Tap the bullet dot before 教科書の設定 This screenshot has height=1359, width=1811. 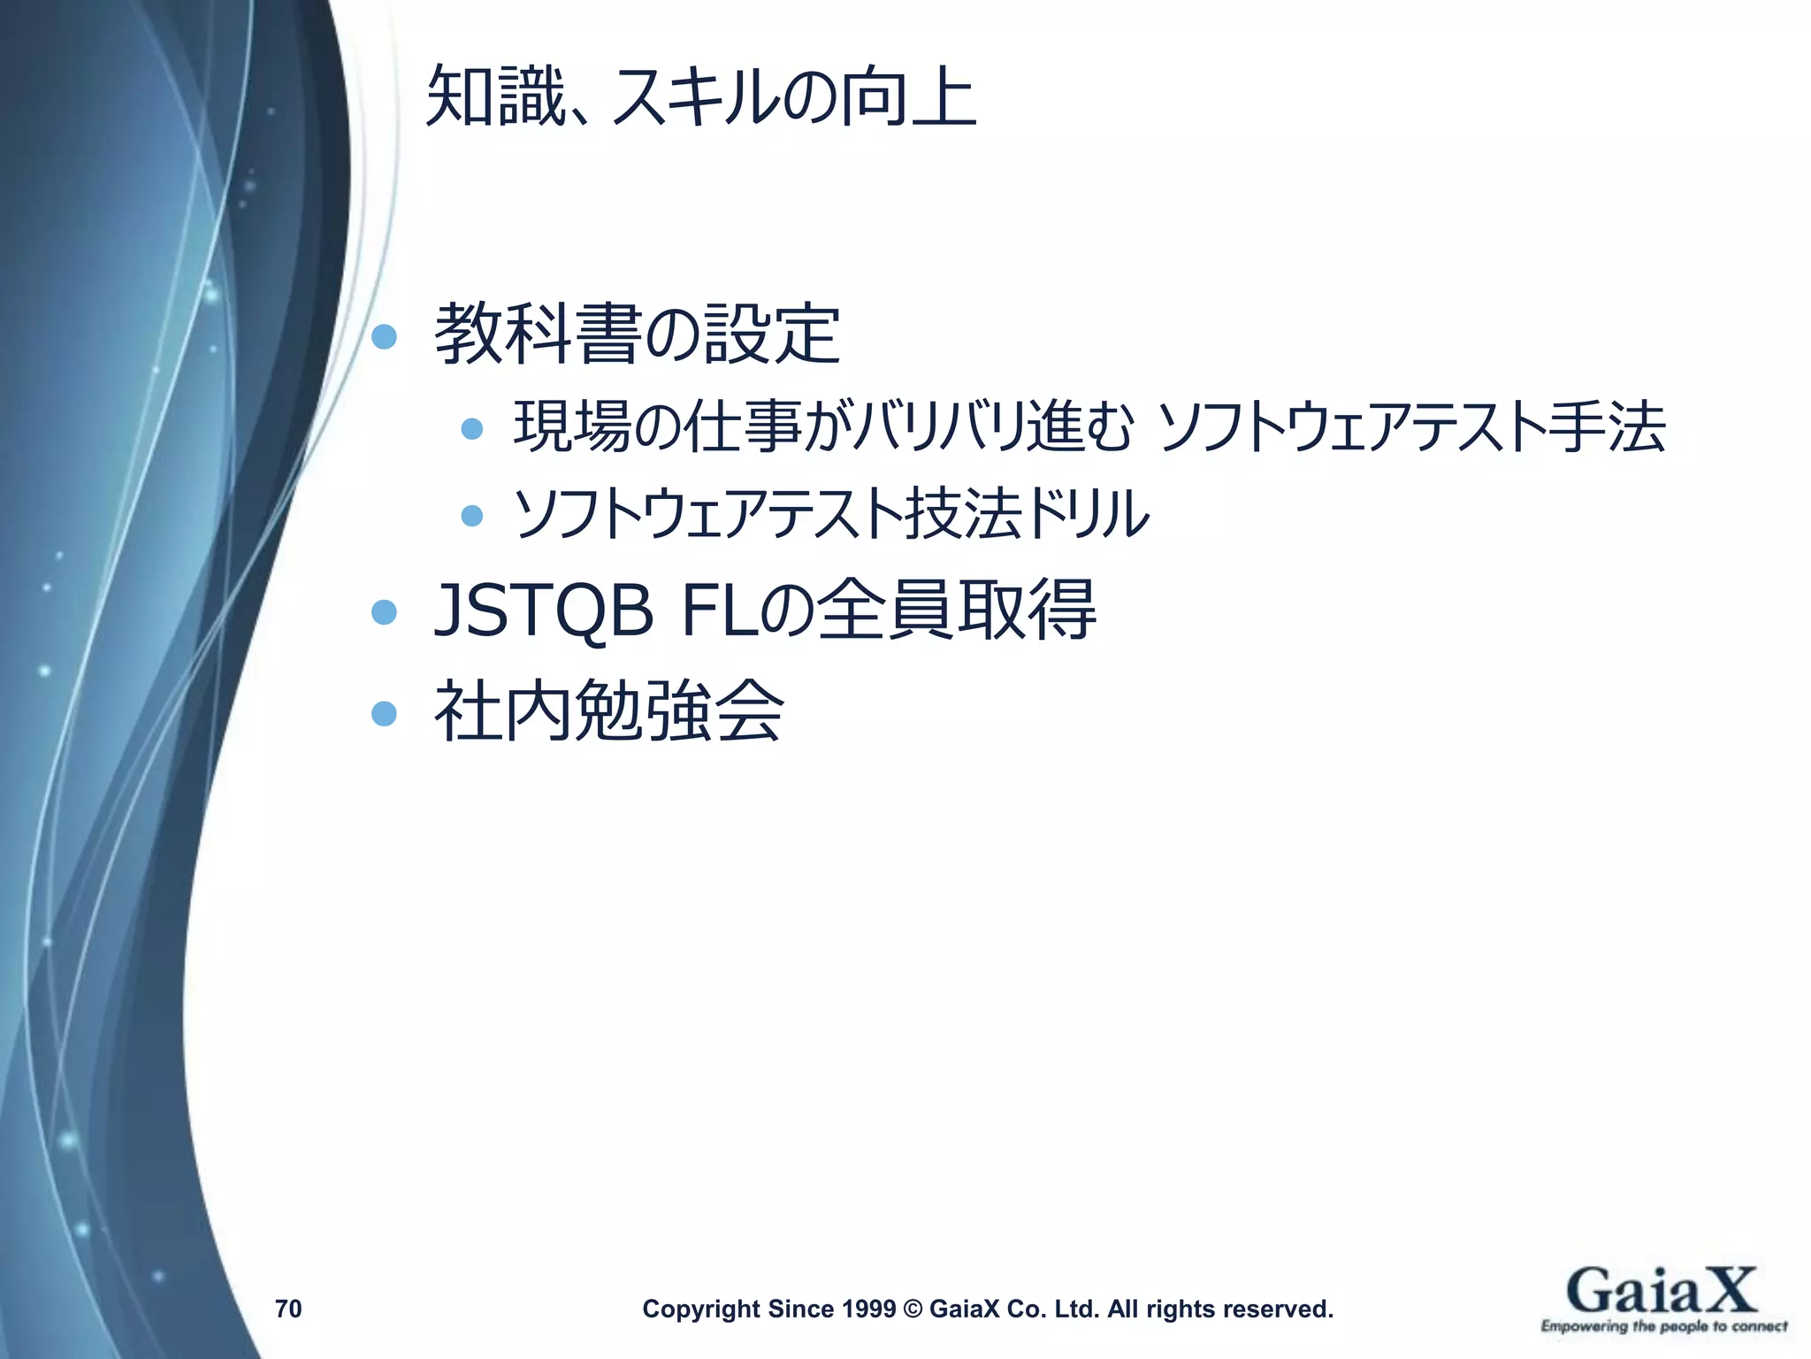[384, 337]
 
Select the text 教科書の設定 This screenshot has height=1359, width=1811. [637, 334]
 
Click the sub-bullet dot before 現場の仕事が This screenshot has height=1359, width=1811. [472, 429]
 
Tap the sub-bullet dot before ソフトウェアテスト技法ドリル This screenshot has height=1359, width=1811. [472, 515]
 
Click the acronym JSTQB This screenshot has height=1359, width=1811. [543, 610]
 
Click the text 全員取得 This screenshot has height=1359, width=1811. [955, 610]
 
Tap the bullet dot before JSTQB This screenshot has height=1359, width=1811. [384, 612]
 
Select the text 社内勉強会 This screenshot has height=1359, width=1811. [608, 711]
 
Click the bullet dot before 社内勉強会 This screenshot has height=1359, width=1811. [384, 713]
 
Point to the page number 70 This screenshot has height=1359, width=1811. [288, 1309]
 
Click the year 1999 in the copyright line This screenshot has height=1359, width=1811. [870, 1309]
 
